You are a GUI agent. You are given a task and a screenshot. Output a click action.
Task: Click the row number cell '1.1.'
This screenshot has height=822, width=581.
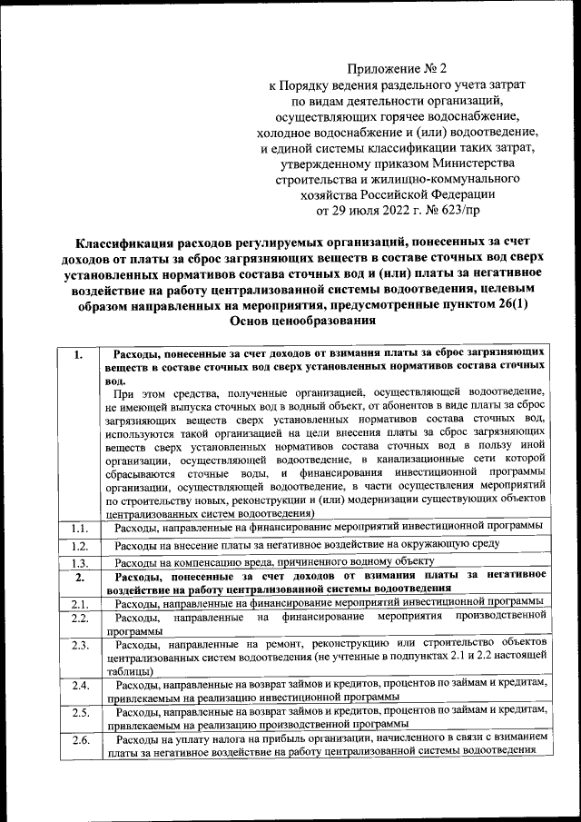pos(79,527)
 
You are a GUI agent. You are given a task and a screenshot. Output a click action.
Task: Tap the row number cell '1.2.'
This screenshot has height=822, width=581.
pos(79,546)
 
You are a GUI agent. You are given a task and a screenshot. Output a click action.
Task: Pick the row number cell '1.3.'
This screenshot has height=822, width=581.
pos(79,563)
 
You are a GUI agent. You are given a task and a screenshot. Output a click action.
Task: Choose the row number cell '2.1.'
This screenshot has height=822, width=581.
pos(79,603)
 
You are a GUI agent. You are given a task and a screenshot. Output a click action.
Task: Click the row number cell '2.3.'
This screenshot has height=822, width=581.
pos(79,646)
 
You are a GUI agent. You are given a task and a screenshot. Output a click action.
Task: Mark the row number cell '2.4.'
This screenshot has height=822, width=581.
pos(79,684)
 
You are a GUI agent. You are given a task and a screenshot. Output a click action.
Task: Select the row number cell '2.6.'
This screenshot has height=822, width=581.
pos(79,741)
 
